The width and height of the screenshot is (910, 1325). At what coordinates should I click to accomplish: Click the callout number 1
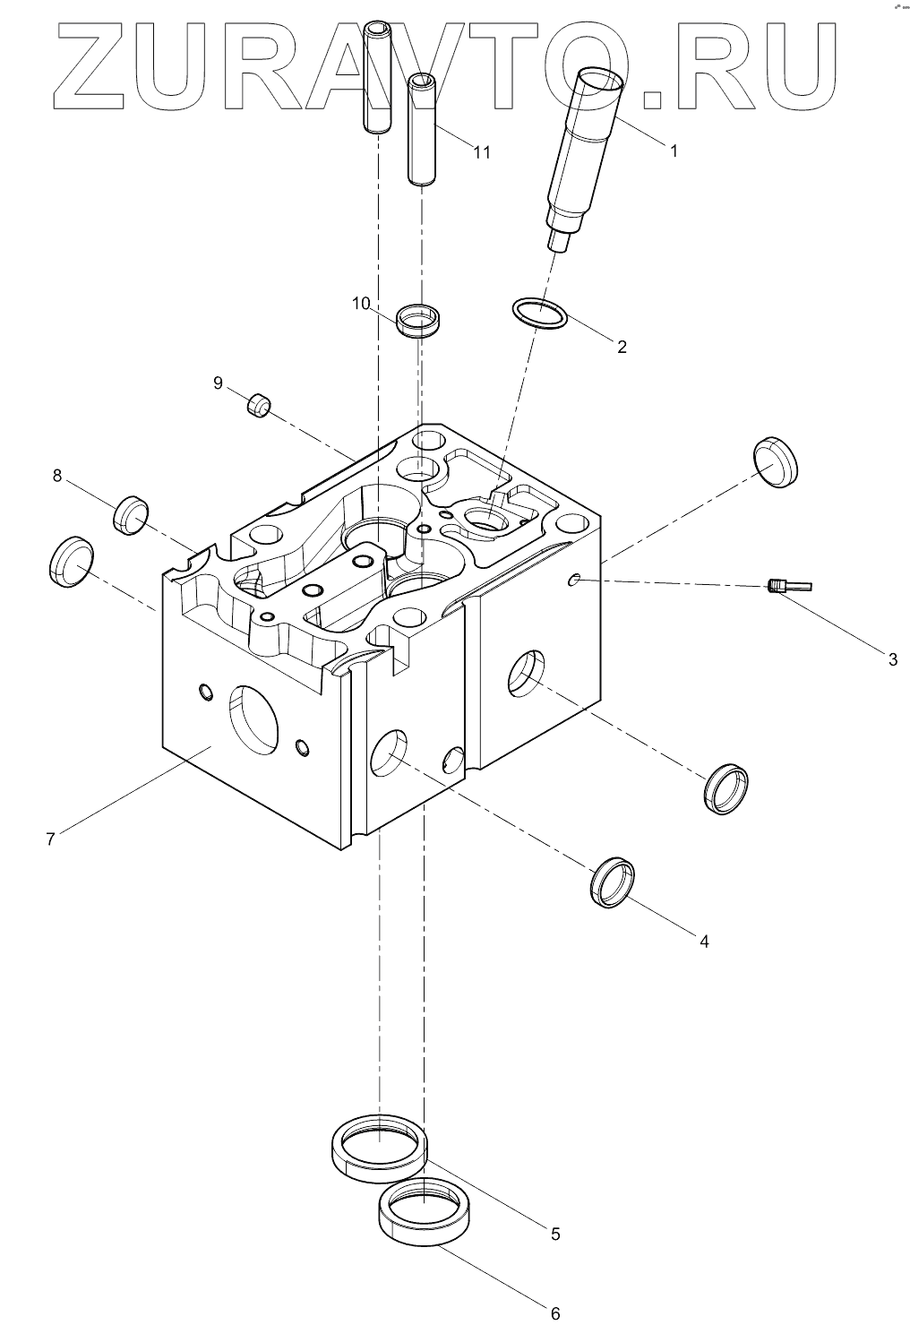(x=674, y=151)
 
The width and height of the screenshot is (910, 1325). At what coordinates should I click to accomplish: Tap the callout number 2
(x=622, y=346)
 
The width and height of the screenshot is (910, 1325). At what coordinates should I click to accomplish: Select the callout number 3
(x=892, y=660)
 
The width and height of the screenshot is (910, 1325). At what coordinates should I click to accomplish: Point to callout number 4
(x=704, y=941)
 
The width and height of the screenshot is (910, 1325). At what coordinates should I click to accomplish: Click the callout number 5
(x=555, y=1234)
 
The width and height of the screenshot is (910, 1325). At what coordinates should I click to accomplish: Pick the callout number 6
(x=555, y=1313)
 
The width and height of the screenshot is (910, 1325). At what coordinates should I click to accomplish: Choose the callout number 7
(x=51, y=839)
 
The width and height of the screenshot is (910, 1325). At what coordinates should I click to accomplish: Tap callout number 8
(x=57, y=476)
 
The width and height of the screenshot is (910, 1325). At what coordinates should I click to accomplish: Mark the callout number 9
(x=218, y=383)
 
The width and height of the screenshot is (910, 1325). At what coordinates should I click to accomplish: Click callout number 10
(x=360, y=304)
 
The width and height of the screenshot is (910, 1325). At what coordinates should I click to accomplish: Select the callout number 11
(x=482, y=152)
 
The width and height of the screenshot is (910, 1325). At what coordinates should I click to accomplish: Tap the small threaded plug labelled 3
(x=788, y=587)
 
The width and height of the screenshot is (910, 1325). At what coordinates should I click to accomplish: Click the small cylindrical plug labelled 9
(x=259, y=406)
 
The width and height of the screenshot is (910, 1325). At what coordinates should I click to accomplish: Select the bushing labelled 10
(x=419, y=320)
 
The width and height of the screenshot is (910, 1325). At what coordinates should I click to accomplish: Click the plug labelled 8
(x=131, y=514)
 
